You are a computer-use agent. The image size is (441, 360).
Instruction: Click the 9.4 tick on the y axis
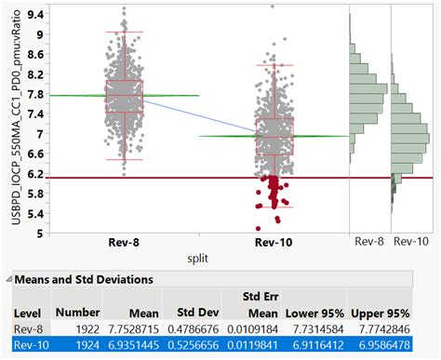pyautogui.click(x=33, y=15)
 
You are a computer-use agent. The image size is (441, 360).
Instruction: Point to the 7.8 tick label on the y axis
pyautogui.click(x=33, y=95)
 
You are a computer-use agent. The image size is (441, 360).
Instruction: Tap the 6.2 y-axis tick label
pyautogui.click(x=33, y=174)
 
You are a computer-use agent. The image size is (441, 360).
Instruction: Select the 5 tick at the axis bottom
pyautogui.click(x=39, y=233)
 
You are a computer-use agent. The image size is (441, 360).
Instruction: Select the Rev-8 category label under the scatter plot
pyautogui.click(x=124, y=244)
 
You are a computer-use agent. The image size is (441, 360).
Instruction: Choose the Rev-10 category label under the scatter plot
pyautogui.click(x=274, y=244)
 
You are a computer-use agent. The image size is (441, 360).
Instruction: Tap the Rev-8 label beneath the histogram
pyautogui.click(x=368, y=242)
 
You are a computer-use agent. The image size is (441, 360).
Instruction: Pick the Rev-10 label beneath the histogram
pyautogui.click(x=411, y=242)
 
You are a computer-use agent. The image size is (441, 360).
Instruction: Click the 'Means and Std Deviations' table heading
pyautogui.click(x=78, y=278)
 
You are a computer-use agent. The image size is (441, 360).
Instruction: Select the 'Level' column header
pyautogui.click(x=23, y=313)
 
